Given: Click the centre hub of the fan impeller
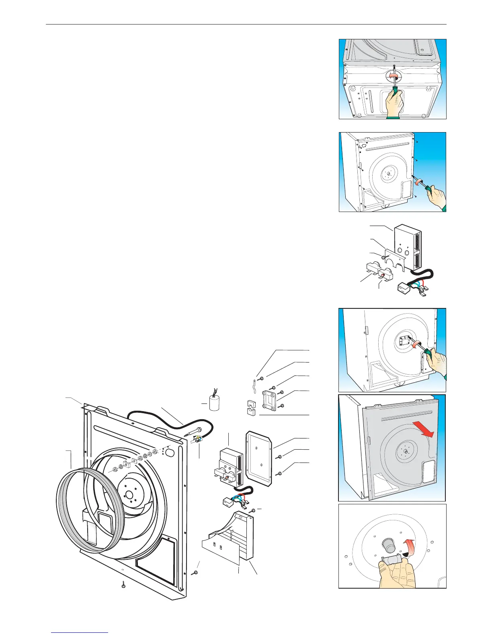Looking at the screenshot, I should [x=129, y=494].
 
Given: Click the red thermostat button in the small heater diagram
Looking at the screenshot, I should [x=383, y=275].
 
